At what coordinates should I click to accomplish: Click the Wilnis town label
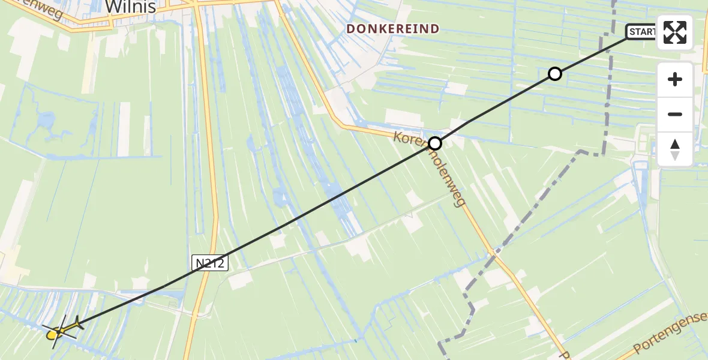pyautogui.click(x=130, y=7)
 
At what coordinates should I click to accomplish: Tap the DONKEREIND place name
pyautogui.click(x=393, y=29)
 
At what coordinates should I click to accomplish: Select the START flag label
pyautogui.click(x=643, y=32)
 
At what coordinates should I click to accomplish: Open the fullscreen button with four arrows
pyautogui.click(x=675, y=32)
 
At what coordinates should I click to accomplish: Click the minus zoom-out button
pyautogui.click(x=675, y=114)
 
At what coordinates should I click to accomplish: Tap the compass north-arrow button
pyautogui.click(x=675, y=149)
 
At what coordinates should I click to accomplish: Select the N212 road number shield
pyautogui.click(x=210, y=262)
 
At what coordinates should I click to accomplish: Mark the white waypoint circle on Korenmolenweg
pyautogui.click(x=435, y=143)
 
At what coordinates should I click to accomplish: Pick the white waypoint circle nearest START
pyautogui.click(x=555, y=74)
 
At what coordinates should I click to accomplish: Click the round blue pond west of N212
pyautogui.click(x=45, y=122)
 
